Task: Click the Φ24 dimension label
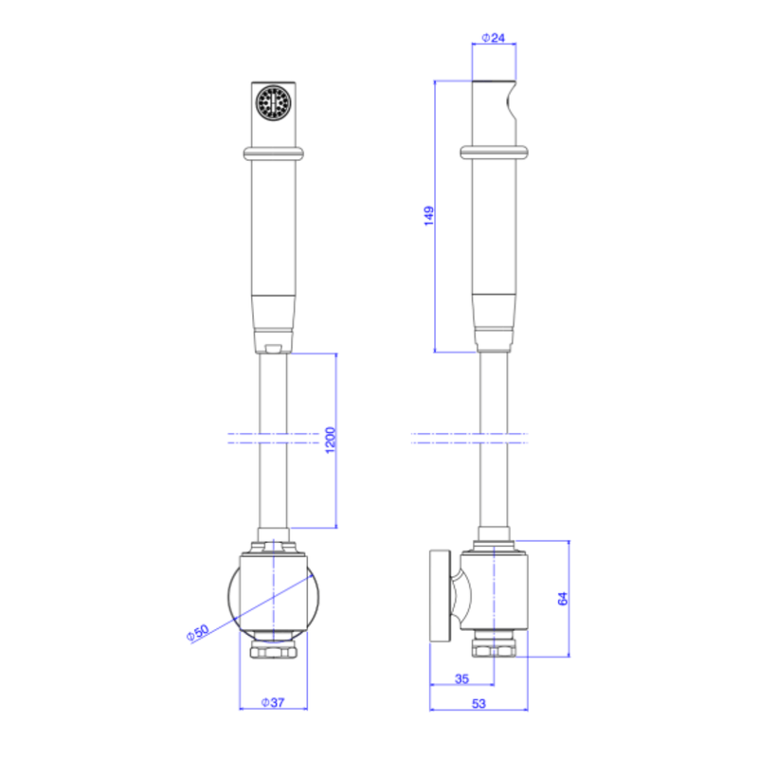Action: click(494, 38)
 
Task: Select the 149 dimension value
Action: click(429, 216)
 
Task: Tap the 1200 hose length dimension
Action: click(330, 440)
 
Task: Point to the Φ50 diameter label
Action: click(198, 632)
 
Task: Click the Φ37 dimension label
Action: click(273, 702)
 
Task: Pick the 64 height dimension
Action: click(563, 599)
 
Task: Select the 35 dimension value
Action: click(461, 678)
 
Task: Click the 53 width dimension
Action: click(478, 703)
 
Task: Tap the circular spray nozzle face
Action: click(274, 103)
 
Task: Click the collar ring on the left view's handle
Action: click(274, 153)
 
